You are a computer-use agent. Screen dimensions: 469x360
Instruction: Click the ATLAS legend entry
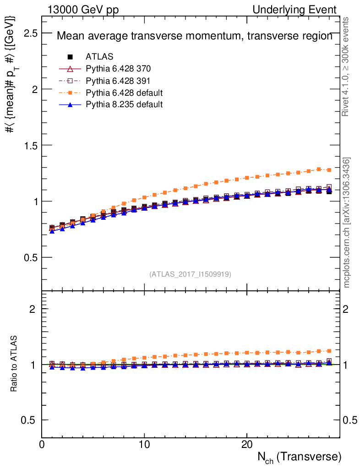[99, 57]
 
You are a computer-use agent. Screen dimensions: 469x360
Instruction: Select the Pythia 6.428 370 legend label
[118, 69]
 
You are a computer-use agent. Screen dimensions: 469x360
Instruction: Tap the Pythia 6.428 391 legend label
[118, 81]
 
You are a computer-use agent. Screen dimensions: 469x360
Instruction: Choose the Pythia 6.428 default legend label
[124, 93]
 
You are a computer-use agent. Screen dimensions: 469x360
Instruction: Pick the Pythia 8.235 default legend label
[124, 104]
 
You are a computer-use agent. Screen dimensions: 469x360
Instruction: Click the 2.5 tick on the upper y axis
[31, 33]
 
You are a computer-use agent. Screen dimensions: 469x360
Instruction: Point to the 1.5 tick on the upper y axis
[31, 145]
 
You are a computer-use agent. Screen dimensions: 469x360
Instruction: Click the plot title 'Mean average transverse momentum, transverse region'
[194, 37]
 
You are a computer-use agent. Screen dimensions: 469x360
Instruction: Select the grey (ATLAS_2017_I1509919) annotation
[190, 274]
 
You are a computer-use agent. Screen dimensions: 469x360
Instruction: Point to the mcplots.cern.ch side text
[347, 223]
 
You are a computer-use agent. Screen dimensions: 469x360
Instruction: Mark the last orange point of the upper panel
[329, 170]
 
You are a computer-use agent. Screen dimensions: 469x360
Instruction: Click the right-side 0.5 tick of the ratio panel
[349, 420]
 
